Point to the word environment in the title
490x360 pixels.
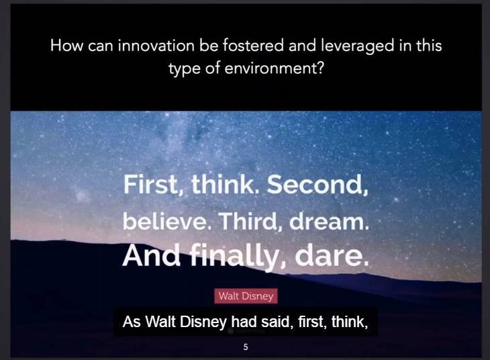(271, 69)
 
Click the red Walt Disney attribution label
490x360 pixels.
(246, 296)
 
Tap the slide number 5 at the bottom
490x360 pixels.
(246, 347)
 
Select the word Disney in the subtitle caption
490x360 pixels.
(205, 322)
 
